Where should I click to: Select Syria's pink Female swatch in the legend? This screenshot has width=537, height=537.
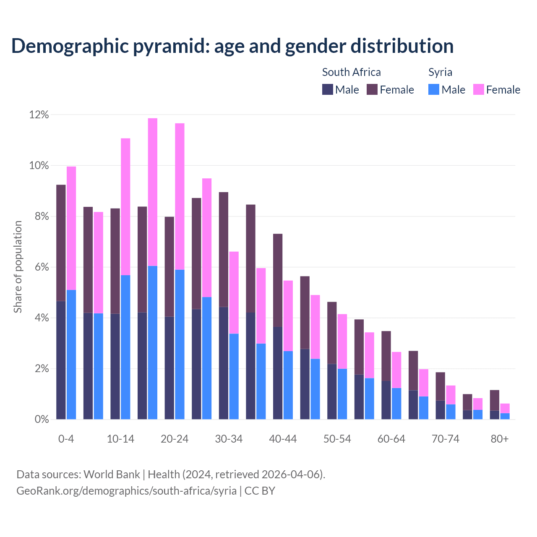[x=478, y=89]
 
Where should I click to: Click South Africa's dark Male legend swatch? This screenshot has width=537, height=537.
[x=327, y=89]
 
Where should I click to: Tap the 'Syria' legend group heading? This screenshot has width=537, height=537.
[x=440, y=72]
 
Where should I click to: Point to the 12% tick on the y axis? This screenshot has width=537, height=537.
[x=39, y=115]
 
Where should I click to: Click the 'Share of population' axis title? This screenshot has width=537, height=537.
[x=18, y=267]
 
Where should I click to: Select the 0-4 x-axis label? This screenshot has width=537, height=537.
[x=66, y=439]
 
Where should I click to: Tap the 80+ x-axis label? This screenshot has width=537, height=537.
[x=500, y=439]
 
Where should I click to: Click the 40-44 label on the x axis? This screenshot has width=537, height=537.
[x=283, y=439]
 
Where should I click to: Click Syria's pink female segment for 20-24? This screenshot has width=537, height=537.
[x=180, y=196]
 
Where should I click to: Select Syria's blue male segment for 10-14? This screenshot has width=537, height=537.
[x=125, y=347]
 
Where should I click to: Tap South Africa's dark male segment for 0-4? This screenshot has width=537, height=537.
[x=61, y=360]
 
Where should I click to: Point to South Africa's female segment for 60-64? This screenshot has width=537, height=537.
[x=386, y=356]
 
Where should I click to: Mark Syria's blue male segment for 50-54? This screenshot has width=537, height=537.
[x=342, y=394]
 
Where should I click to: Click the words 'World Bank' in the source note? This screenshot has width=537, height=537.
[x=112, y=474]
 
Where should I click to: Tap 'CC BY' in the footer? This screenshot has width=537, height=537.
[x=260, y=490]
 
